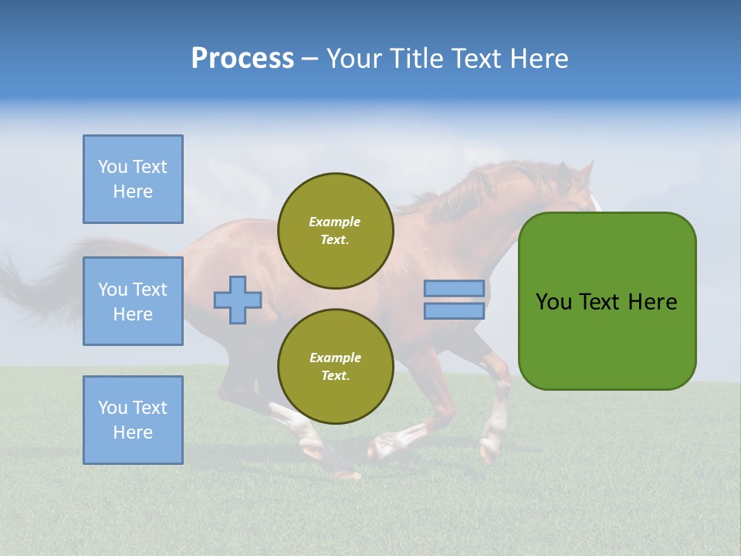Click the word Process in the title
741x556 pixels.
[242, 59]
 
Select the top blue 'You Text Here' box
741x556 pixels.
[133, 179]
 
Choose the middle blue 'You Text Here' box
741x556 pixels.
[133, 301]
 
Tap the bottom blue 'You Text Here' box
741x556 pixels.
[133, 420]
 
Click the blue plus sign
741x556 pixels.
[238, 300]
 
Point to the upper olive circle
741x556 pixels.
[335, 231]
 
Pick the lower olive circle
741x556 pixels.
[335, 367]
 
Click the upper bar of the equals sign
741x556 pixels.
[454, 288]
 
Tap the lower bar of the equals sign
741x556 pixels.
[454, 310]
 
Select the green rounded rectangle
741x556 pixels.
[607, 340]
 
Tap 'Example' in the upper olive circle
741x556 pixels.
[335, 222]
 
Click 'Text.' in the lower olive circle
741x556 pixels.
[335, 376]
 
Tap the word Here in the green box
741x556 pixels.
[652, 302]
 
